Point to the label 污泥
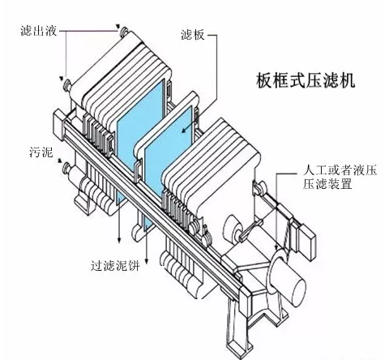pos(39,152)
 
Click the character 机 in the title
pos(347,82)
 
